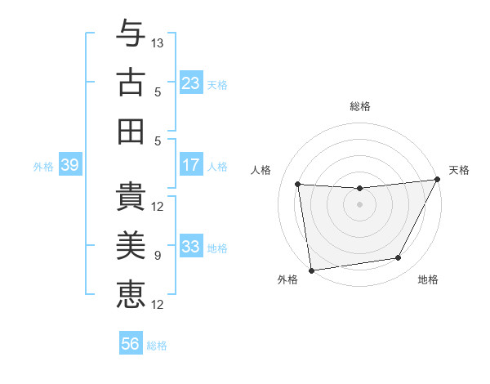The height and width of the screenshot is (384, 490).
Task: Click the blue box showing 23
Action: pyautogui.click(x=191, y=83)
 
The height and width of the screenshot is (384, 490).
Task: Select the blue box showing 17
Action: pyautogui.click(x=191, y=165)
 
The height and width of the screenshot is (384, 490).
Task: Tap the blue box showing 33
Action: pyautogui.click(x=191, y=247)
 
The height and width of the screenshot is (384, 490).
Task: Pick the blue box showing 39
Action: pyautogui.click(x=69, y=165)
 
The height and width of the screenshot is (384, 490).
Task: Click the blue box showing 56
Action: pyautogui.click(x=131, y=344)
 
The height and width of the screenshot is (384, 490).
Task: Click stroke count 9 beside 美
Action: pyautogui.click(x=158, y=256)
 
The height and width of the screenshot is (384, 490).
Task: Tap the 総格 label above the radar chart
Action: pyautogui.click(x=359, y=106)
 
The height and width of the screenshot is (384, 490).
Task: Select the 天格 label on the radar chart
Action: pyautogui.click(x=459, y=170)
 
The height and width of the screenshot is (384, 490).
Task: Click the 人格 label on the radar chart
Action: pyautogui.click(x=261, y=170)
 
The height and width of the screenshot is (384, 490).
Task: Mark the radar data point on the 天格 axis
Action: pyautogui.click(x=437, y=180)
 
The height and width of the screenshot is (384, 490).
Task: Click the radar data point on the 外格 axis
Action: pyautogui.click(x=311, y=270)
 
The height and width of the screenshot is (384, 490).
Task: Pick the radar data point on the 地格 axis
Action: pyautogui.click(x=399, y=258)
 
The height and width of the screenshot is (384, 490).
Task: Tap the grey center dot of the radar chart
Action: pyautogui.click(x=359, y=204)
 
